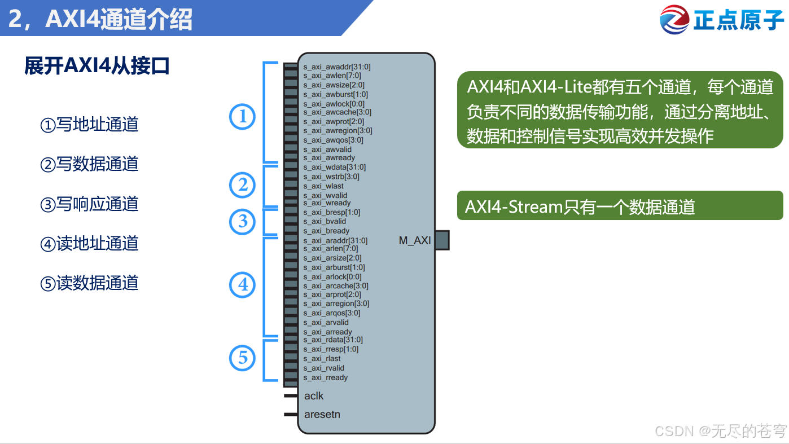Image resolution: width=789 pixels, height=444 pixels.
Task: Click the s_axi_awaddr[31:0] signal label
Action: point(337,67)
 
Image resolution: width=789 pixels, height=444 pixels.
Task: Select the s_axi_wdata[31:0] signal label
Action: point(335,167)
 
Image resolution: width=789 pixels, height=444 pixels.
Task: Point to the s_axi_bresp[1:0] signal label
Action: point(332,212)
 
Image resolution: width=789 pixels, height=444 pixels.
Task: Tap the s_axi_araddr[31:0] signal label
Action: point(335,240)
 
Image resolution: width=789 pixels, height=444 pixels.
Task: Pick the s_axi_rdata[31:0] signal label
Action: point(333,340)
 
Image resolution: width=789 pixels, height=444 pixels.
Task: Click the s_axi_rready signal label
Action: point(326,377)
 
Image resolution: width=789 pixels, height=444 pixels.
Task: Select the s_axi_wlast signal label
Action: point(323,186)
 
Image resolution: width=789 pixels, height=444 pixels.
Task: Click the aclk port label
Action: point(314,395)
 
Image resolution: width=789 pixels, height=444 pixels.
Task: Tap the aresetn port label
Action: point(322,414)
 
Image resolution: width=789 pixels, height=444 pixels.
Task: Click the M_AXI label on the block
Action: point(415,240)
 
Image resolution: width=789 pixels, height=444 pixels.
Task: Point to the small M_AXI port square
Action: point(442,240)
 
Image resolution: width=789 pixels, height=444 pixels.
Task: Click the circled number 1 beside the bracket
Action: point(243,117)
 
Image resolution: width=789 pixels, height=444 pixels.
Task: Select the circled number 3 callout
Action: point(243,221)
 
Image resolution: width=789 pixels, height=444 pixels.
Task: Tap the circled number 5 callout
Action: point(243,358)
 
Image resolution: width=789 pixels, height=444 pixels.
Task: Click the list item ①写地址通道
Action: point(89,124)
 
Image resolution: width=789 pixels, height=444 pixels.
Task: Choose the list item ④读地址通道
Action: point(89,243)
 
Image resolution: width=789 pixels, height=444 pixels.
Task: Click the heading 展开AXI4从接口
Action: point(97,66)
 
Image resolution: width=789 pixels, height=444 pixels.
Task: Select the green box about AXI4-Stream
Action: point(620,206)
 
